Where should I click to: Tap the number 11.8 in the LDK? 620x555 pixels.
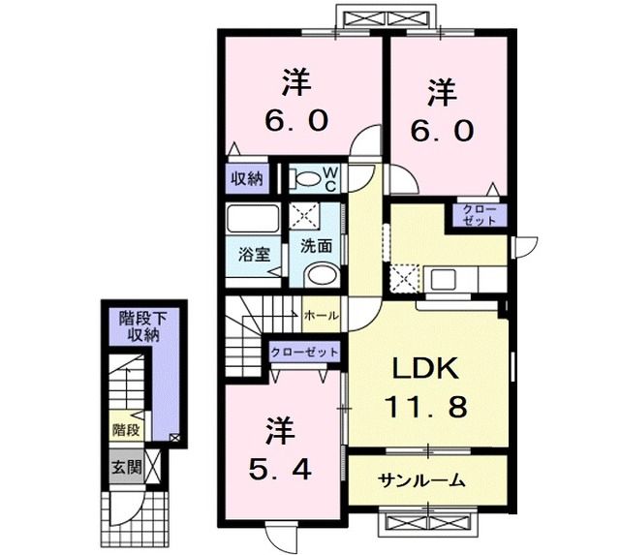click(x=430, y=407)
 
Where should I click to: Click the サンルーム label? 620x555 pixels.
click(x=422, y=480)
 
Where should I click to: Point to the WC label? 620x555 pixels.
click(x=329, y=178)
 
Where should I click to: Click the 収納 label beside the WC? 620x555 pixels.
click(x=246, y=178)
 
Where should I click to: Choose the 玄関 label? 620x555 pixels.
click(x=123, y=464)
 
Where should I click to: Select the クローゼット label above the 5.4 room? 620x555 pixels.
click(x=304, y=352)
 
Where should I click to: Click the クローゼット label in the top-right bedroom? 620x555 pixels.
click(x=478, y=215)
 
